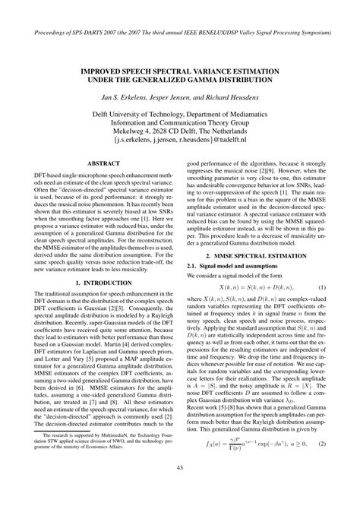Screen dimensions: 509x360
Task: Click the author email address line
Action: point(181,139)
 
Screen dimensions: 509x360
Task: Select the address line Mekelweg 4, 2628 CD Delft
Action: point(181,128)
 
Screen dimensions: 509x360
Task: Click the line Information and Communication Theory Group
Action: point(181,119)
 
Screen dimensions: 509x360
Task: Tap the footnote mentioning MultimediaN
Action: point(98,468)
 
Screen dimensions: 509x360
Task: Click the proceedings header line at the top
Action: point(180,36)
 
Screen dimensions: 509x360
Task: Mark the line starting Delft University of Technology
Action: point(181,108)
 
